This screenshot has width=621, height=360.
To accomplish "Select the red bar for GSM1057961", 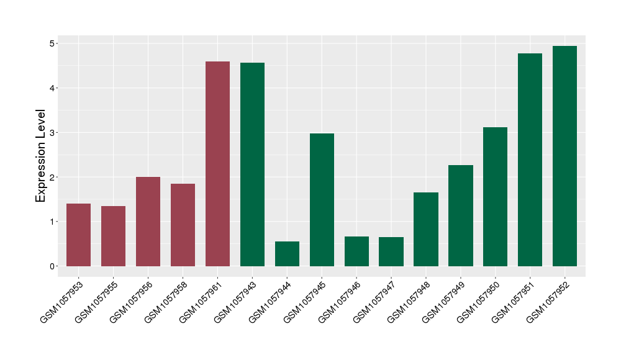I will pyautogui.click(x=217, y=164).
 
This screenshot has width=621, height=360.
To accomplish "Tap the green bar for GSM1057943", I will pyautogui.click(x=252, y=164).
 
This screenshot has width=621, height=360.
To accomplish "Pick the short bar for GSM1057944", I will pyautogui.click(x=287, y=254).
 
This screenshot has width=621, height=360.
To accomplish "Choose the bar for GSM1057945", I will pyautogui.click(x=322, y=200).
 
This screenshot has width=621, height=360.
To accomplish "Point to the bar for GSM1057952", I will pyautogui.click(x=564, y=156).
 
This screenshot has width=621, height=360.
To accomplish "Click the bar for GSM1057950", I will pyautogui.click(x=495, y=197).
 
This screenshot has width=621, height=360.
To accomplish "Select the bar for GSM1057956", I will pyautogui.click(x=148, y=222).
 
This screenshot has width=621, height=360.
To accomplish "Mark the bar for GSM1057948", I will pyautogui.click(x=425, y=229).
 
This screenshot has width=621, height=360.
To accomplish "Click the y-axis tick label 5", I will pyautogui.click(x=53, y=43).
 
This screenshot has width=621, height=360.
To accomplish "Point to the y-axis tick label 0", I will pyautogui.click(x=53, y=266).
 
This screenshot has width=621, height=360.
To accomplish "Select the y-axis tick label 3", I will pyautogui.click(x=53, y=133).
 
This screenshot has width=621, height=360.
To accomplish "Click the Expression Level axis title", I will pyautogui.click(x=41, y=156).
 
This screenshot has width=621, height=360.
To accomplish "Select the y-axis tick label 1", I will pyautogui.click(x=53, y=222).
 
